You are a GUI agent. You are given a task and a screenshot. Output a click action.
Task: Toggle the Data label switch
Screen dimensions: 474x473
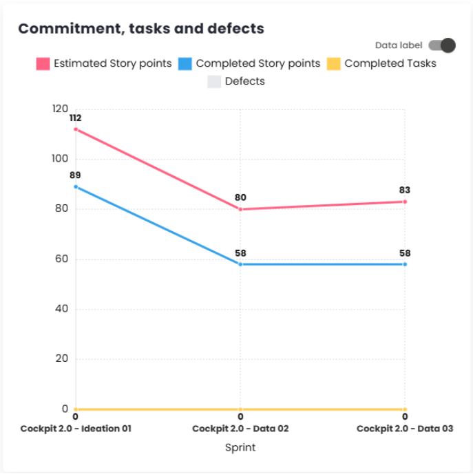point(442,45)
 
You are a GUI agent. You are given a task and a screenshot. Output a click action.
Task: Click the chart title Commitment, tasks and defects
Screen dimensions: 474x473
point(141,28)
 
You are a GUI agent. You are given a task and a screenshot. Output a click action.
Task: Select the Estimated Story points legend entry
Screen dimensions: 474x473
point(104,63)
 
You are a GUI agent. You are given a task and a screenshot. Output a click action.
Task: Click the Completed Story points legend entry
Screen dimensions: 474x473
point(249,63)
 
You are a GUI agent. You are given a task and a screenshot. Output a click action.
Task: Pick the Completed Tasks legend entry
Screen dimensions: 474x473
point(381,63)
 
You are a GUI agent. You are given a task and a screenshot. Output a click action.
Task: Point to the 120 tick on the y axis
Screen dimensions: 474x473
point(60,109)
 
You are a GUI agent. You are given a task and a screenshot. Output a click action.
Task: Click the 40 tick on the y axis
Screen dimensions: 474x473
point(61,309)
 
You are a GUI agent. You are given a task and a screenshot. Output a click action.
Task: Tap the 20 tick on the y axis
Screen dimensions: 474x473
point(61,358)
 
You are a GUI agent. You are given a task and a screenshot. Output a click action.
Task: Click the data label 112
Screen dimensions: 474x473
point(75,118)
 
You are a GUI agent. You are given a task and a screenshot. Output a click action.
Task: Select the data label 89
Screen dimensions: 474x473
point(75,175)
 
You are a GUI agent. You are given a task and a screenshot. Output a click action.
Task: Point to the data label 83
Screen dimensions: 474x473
point(405,190)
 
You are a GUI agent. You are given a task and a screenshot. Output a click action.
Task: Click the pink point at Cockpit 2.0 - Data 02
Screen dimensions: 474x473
point(240,209)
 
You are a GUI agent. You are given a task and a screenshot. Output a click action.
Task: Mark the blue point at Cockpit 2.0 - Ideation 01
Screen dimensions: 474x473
point(76,186)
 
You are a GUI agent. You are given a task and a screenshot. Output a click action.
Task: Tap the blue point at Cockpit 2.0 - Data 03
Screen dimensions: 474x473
point(405,264)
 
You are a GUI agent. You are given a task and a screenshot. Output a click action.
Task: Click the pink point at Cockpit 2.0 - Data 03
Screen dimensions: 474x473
point(405,202)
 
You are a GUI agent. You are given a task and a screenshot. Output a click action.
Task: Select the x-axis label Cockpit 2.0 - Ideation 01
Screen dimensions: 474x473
point(76,428)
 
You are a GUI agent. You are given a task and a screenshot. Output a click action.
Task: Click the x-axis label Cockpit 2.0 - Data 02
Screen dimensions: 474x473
point(240,428)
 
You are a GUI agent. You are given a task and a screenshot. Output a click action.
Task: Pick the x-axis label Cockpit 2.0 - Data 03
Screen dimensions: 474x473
point(405,428)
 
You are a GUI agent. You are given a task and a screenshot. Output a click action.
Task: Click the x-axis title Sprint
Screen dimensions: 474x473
point(240,447)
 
